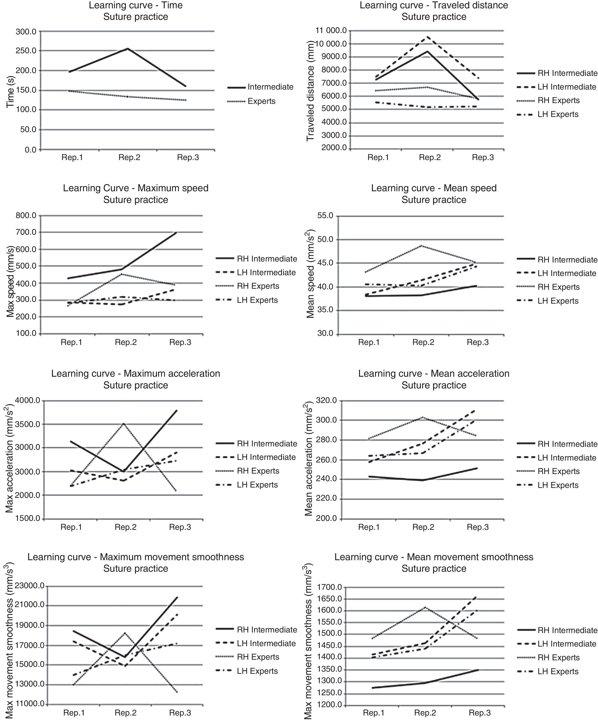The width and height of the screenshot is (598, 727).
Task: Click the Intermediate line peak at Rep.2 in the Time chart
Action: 128,49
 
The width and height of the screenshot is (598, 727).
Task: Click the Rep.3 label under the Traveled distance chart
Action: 483,158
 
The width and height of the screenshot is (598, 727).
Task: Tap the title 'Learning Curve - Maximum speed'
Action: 135,188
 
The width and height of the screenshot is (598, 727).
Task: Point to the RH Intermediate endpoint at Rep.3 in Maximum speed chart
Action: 176,233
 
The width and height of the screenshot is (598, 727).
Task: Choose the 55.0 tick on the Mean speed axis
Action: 326,216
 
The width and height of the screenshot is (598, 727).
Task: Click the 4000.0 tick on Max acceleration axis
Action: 28,401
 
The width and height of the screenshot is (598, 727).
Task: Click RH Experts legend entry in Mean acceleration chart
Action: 558,471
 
